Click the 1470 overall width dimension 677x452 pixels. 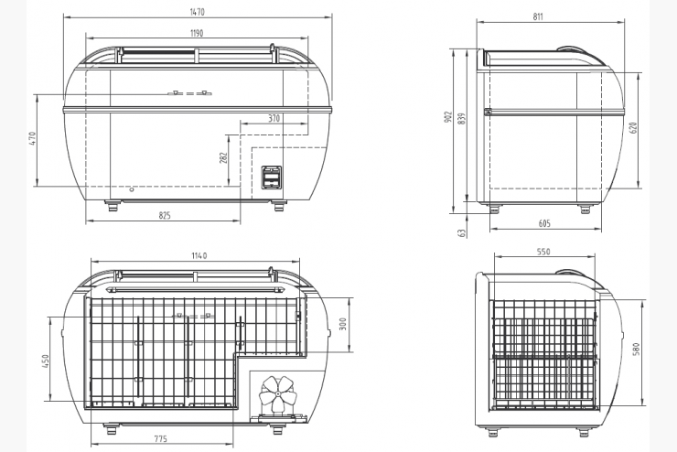(x=197, y=12)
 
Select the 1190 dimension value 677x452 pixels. (x=197, y=33)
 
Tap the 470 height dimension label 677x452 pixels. (x=33, y=138)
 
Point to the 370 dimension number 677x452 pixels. (x=274, y=118)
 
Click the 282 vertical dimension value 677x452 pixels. (x=223, y=158)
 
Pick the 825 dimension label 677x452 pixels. (x=165, y=215)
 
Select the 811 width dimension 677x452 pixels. (x=538, y=16)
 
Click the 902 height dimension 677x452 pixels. (x=447, y=117)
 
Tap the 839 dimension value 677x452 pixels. (x=462, y=119)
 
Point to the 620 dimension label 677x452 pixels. (x=633, y=128)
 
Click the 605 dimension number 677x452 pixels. (x=545, y=223)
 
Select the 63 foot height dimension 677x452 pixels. (x=462, y=232)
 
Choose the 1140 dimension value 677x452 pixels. (x=199, y=255)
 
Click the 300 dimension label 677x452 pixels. (x=343, y=324)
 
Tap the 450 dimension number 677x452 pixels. (x=46, y=361)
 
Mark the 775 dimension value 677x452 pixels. (x=161, y=439)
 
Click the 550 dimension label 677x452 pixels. (x=544, y=252)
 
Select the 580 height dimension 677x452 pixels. (x=636, y=350)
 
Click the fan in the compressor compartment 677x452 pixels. (x=278, y=394)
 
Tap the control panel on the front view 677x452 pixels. (x=272, y=178)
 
